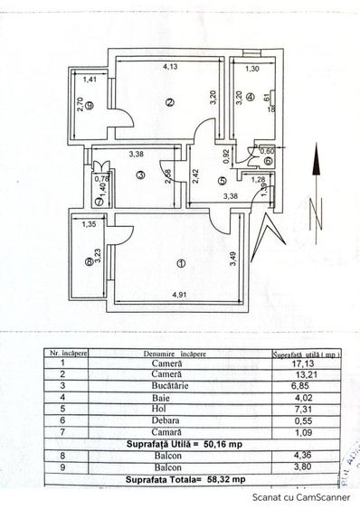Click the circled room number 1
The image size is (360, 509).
181,264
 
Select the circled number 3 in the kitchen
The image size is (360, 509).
140,174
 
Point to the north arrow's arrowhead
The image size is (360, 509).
315,161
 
